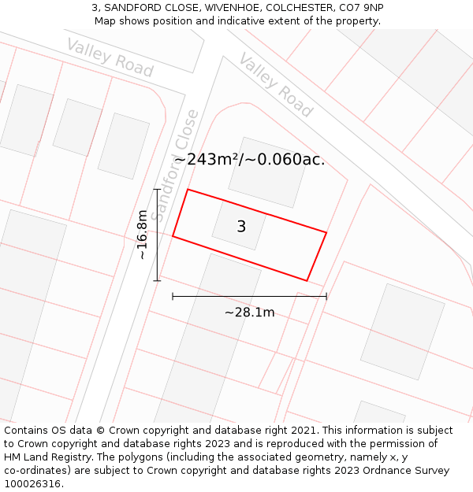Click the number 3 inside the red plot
click(241, 227)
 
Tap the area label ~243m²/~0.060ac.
click(249, 160)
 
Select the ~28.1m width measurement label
click(249, 313)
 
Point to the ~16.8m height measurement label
click(142, 235)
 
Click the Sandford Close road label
click(175, 165)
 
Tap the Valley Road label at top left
click(110, 57)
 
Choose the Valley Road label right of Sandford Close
click(276, 84)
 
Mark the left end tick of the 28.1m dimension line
click(173, 296)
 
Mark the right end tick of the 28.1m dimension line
click(326, 296)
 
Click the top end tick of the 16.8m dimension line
click(157, 189)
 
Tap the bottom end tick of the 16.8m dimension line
click(157, 280)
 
